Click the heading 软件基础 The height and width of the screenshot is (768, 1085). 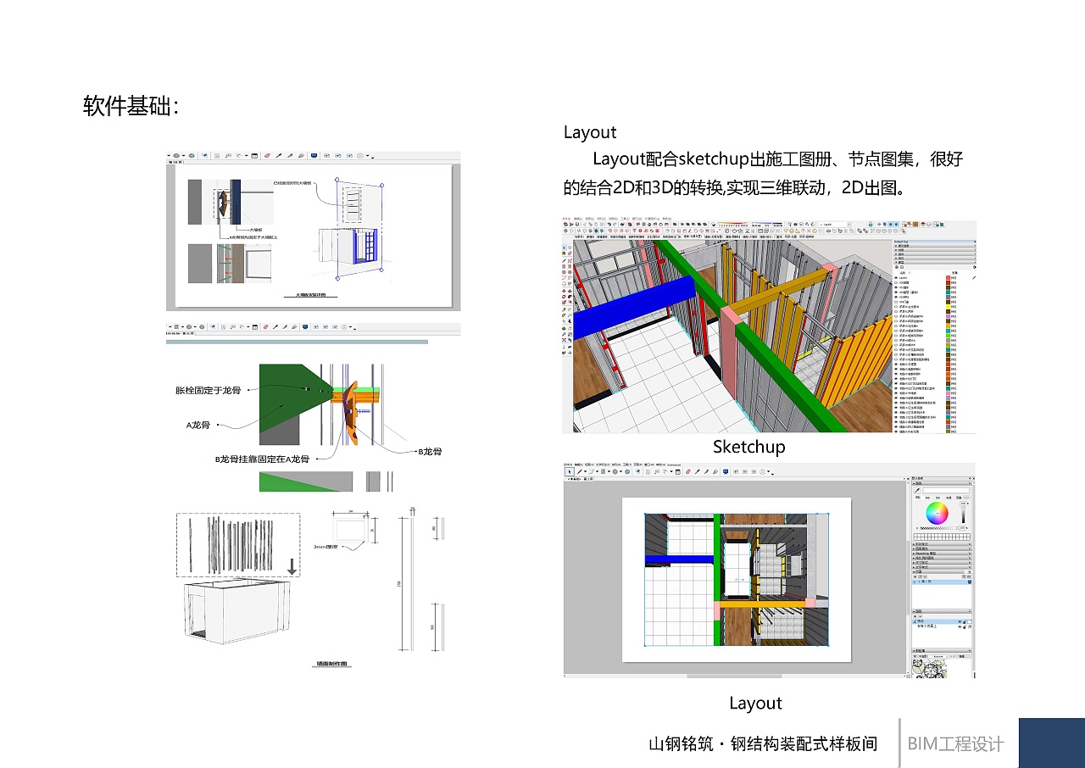pos(131,107)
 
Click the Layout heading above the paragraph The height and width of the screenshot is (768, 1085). pos(590,132)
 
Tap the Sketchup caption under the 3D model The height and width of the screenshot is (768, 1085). pos(748,447)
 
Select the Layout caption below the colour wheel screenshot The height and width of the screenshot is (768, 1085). pos(755,703)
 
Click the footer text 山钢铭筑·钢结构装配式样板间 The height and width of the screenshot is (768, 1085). pos(763,744)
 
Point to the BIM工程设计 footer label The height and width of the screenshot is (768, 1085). pos(955,744)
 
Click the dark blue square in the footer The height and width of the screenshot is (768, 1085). pos(1051,743)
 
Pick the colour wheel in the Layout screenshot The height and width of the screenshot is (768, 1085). pos(937,513)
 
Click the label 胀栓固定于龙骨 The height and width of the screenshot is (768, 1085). pos(208,391)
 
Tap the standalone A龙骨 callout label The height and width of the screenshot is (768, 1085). pos(198,425)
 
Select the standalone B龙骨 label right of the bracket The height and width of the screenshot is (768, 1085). pos(430,452)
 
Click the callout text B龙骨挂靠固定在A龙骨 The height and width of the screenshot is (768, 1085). pos(262,459)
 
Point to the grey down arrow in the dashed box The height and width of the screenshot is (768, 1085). pos(292,566)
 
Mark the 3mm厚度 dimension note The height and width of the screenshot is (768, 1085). pos(325,547)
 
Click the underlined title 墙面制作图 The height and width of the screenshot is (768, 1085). pos(333,665)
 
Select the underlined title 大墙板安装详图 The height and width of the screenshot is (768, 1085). pos(311,296)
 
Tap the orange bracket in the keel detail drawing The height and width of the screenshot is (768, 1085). pos(350,421)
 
